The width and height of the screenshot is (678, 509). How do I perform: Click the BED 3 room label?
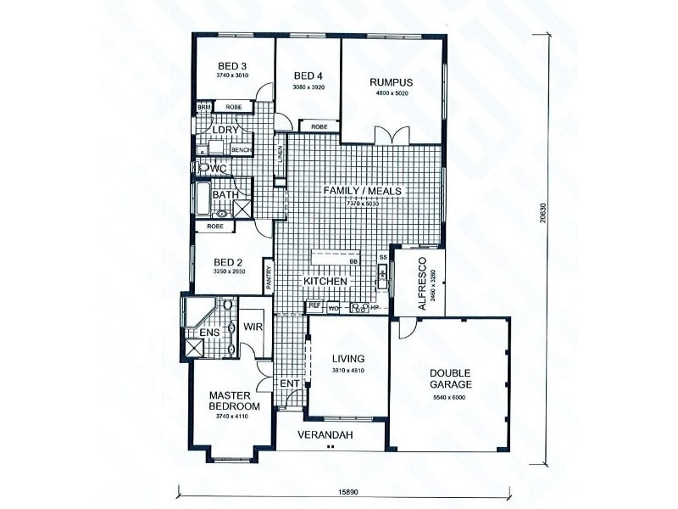[x=231, y=66]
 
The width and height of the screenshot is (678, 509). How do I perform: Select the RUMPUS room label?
[x=391, y=82]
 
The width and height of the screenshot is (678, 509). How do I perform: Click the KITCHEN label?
[x=325, y=281]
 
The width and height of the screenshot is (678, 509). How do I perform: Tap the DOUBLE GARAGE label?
[x=450, y=378]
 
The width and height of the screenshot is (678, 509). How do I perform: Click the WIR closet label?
[x=253, y=326]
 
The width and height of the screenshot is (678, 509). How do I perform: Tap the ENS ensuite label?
[x=209, y=333]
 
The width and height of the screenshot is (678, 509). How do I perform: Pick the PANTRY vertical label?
[x=269, y=279]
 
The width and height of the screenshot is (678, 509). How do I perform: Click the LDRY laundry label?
[x=225, y=131]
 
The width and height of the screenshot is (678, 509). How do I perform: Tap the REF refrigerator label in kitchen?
[x=314, y=305]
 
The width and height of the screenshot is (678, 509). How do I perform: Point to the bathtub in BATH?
[x=203, y=199]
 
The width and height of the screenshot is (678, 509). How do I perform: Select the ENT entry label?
[x=288, y=384]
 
